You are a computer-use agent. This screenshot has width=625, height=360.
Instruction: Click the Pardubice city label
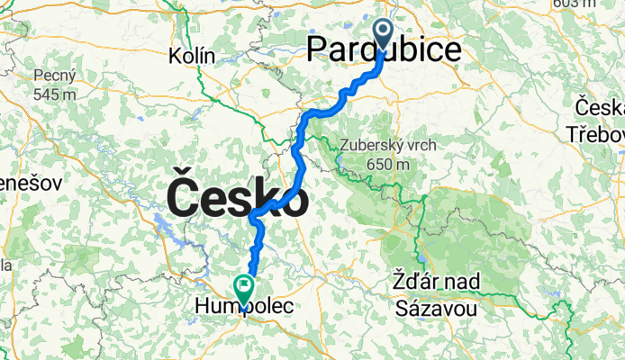coord(384,49)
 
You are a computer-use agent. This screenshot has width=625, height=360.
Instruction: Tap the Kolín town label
coord(192,56)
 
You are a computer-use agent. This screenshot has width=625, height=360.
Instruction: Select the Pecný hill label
coord(54,76)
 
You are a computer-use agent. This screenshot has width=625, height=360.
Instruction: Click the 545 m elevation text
coord(54,94)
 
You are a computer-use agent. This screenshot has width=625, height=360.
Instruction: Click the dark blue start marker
coord(382,36)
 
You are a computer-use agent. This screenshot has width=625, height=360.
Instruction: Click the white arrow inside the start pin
coord(382,33)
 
